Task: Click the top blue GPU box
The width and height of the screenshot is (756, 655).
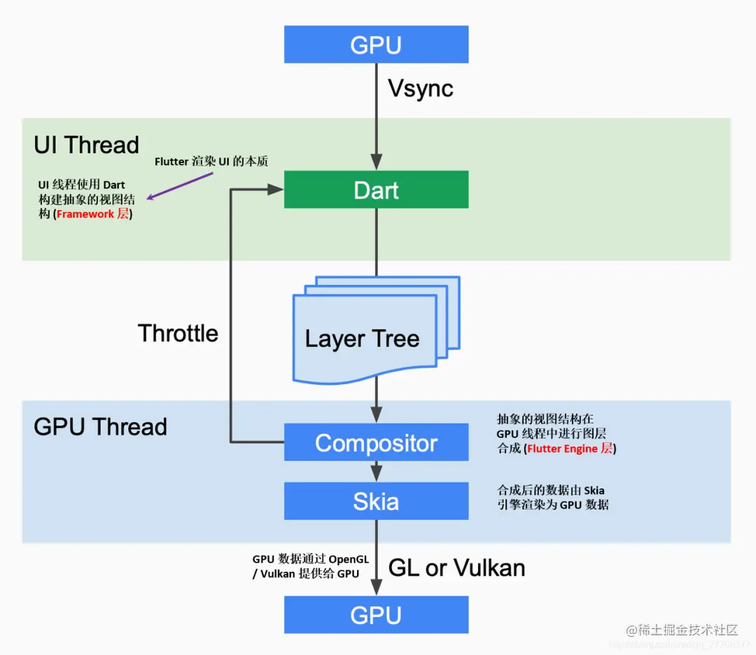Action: click(376, 44)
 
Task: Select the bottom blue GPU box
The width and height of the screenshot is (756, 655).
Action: click(376, 614)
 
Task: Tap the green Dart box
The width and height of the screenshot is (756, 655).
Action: click(376, 190)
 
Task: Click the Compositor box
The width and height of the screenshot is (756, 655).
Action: click(376, 442)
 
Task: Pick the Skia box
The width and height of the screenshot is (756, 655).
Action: click(376, 501)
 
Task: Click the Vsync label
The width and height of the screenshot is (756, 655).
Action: click(421, 89)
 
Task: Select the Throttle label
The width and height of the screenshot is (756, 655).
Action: click(178, 333)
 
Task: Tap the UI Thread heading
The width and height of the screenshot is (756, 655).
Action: click(86, 145)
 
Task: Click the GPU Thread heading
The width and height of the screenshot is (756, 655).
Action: click(100, 427)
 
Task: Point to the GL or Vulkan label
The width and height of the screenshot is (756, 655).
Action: click(456, 568)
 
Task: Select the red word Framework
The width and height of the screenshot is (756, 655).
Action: click(85, 214)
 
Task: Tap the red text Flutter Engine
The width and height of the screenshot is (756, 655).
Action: click(562, 449)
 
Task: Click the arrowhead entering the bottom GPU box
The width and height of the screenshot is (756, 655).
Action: click(377, 589)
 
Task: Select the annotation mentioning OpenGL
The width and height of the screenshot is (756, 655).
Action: click(309, 567)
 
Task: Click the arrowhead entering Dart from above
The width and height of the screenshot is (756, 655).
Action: click(377, 164)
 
